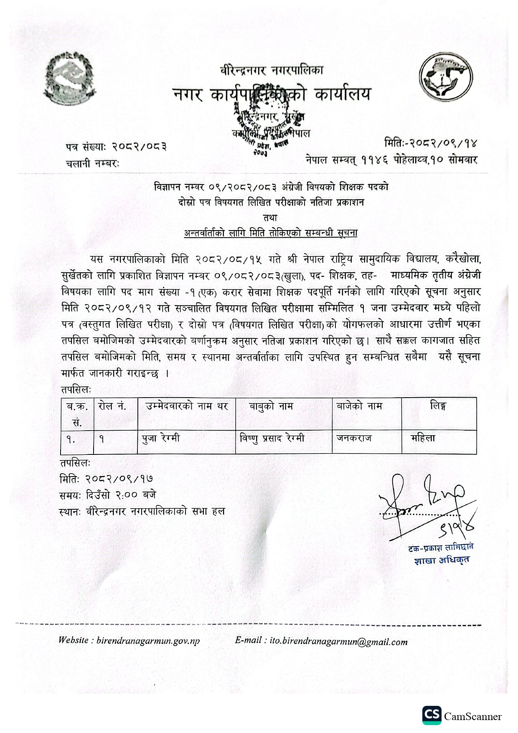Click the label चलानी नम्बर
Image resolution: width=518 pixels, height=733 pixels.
92,164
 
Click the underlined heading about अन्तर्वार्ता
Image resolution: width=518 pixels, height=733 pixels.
271,233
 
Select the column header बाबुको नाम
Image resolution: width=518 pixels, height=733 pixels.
271,406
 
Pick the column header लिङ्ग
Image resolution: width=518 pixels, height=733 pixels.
438,406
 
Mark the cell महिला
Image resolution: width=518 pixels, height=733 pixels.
423,438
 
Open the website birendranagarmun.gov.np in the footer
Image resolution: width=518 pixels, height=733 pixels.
148,640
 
